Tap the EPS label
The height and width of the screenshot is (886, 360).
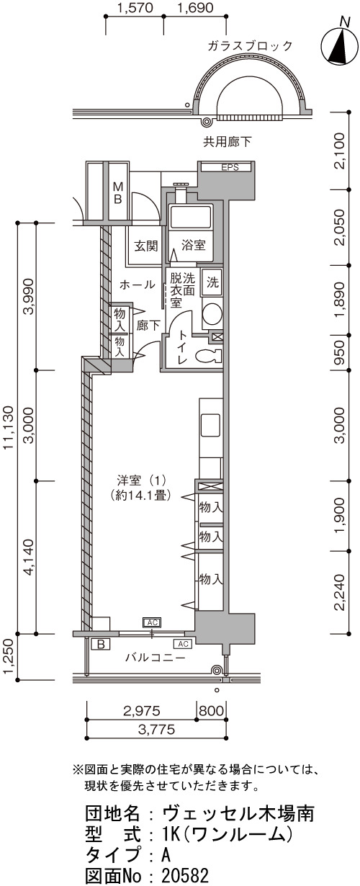pos(230,167)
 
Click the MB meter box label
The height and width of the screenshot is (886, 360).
pos(118,192)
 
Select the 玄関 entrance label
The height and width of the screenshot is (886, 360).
pos(146,246)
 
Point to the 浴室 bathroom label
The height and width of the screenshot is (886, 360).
pos(193,245)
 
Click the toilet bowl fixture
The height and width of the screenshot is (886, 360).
pos(207,356)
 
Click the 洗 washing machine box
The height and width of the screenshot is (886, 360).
pos(212,282)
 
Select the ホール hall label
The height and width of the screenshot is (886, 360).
pos(137,284)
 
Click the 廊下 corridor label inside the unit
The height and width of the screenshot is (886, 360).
pos(148,326)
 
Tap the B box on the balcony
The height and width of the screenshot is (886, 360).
pos(101,644)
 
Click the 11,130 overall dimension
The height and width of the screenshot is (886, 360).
pos(9,428)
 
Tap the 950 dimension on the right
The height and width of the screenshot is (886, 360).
pos(341,353)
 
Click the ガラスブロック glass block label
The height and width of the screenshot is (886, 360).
pos(250,46)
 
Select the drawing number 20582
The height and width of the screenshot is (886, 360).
pos(185,875)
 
